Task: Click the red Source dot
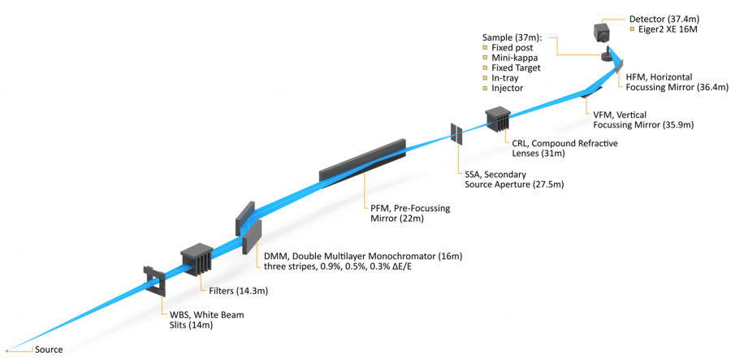click(x=7, y=349)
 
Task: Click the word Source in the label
click(x=48, y=349)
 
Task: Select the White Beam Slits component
click(x=154, y=280)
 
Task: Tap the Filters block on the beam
click(x=197, y=258)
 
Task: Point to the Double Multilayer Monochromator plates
click(x=249, y=224)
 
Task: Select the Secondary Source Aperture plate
click(x=456, y=134)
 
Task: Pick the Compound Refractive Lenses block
click(x=497, y=119)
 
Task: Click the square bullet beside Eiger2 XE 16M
click(x=633, y=29)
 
